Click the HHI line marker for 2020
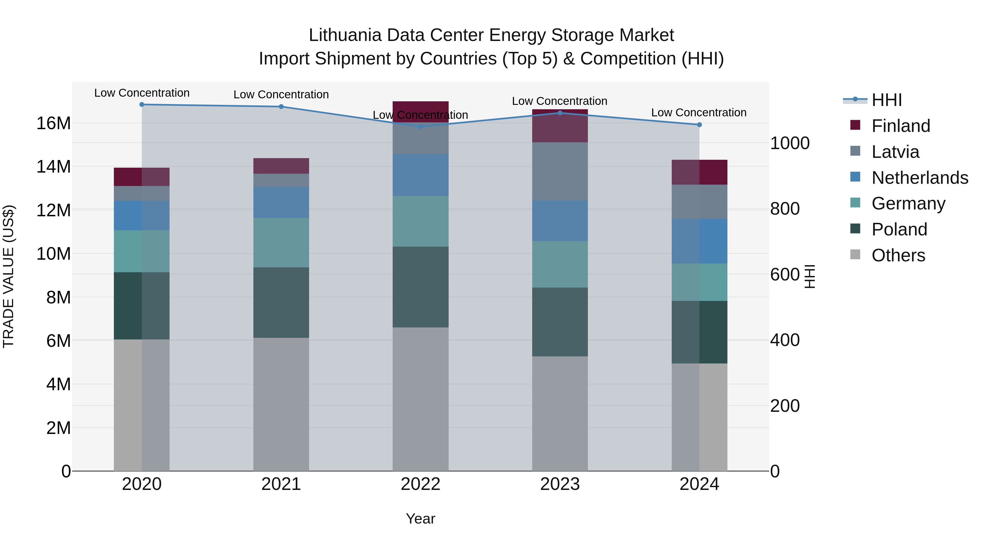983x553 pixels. (x=141, y=105)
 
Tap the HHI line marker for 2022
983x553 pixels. (x=421, y=127)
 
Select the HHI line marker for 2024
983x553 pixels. (x=699, y=125)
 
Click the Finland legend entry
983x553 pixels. (x=901, y=126)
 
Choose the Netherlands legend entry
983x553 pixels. (x=920, y=178)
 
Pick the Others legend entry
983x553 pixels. (x=898, y=255)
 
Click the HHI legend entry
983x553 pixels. (x=886, y=100)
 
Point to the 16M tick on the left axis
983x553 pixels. (x=54, y=123)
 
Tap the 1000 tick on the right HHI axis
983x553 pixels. (x=789, y=143)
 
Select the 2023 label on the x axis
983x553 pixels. (x=560, y=484)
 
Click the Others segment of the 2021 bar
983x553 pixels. (x=281, y=404)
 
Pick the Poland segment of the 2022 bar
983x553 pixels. (x=421, y=287)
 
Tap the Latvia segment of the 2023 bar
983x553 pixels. (x=560, y=171)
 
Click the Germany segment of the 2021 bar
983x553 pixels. (x=281, y=243)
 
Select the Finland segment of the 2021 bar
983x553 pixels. (x=281, y=166)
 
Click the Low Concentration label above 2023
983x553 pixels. (x=559, y=101)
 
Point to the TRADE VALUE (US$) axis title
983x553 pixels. (x=8, y=277)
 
